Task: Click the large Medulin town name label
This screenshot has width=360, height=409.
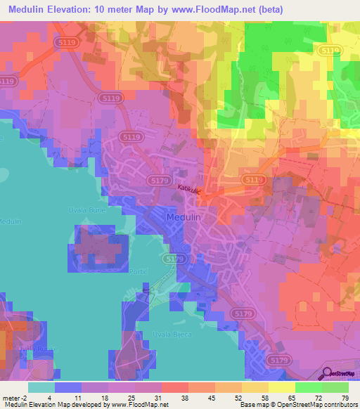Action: [x=184, y=219]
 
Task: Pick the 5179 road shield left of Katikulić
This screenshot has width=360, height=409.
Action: [x=158, y=181]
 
